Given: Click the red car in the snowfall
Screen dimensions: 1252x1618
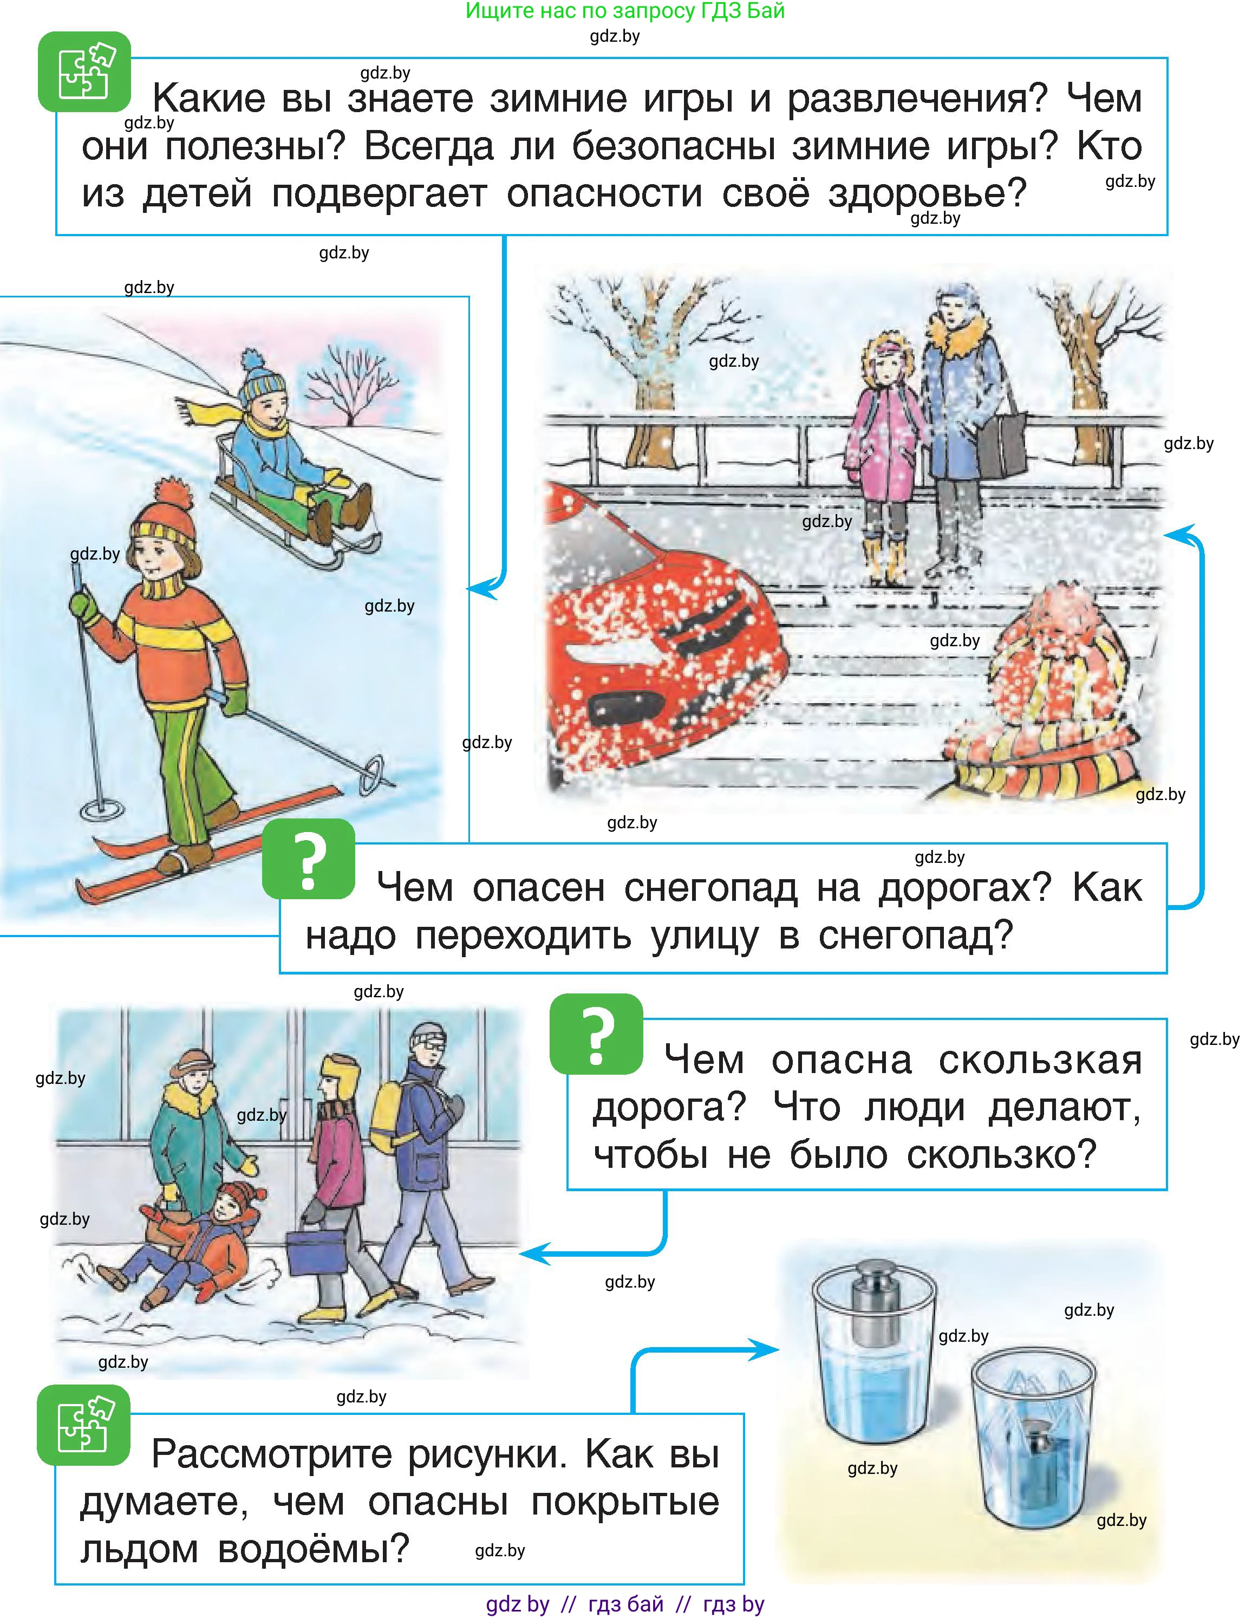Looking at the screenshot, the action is (x=660, y=637).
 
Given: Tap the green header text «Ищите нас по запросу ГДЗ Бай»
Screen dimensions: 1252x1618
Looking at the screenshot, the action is (x=625, y=11).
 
